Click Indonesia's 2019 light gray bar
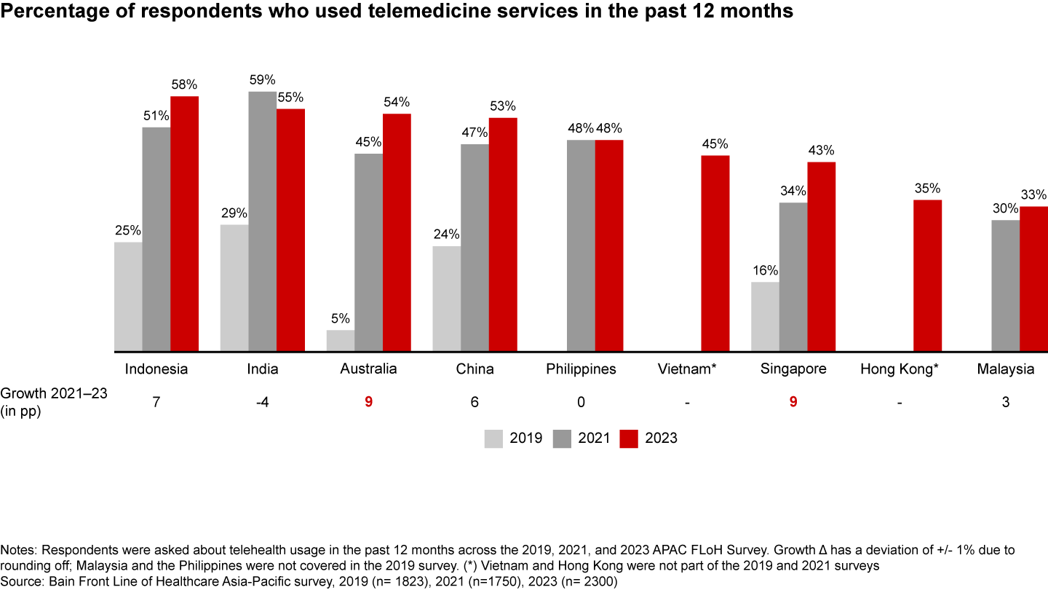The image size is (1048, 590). pyautogui.click(x=128, y=296)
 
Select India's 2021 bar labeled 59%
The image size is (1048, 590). pyautogui.click(x=263, y=221)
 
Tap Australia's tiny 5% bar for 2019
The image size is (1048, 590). pyautogui.click(x=341, y=341)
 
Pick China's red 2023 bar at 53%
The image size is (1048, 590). pyautogui.click(x=503, y=235)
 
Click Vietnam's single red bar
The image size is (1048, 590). pyautogui.click(x=715, y=253)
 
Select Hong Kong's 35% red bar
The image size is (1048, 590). pyautogui.click(x=928, y=275)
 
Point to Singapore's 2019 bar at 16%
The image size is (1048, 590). pyautogui.click(x=765, y=316)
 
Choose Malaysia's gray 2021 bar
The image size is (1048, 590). pyautogui.click(x=1006, y=286)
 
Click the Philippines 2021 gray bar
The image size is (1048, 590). pyautogui.click(x=581, y=245)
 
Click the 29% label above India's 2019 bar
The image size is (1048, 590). pyautogui.click(x=234, y=214)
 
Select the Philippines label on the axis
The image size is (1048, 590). pyautogui.click(x=581, y=369)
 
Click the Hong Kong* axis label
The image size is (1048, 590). pyautogui.click(x=900, y=369)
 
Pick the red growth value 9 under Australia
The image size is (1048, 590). pyautogui.click(x=368, y=402)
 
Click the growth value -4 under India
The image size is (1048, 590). pyautogui.click(x=262, y=402)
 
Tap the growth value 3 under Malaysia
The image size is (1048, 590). pyautogui.click(x=1005, y=402)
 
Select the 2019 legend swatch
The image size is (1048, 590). pyautogui.click(x=494, y=438)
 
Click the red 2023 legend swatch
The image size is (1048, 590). pyautogui.click(x=629, y=438)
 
